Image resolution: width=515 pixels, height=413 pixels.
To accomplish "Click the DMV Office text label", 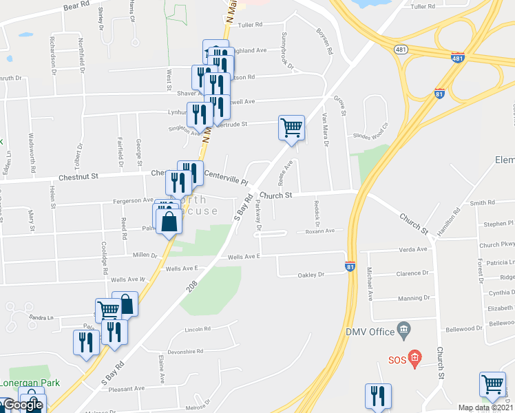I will [x=369, y=332].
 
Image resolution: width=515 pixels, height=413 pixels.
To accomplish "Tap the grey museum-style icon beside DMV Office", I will [x=404, y=332].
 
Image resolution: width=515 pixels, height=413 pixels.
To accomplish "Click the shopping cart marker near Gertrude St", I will [x=291, y=127].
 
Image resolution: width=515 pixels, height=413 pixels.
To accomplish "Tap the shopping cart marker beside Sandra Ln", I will [x=108, y=310].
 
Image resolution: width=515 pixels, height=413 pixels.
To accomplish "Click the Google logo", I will [x=22, y=405].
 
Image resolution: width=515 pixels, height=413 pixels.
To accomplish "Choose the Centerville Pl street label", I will [x=225, y=180].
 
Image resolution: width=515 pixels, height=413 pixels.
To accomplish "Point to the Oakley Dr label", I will [x=311, y=275].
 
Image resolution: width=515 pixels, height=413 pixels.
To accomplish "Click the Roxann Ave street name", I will [x=320, y=231].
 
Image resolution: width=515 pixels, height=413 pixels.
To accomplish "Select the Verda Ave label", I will [x=412, y=249].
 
